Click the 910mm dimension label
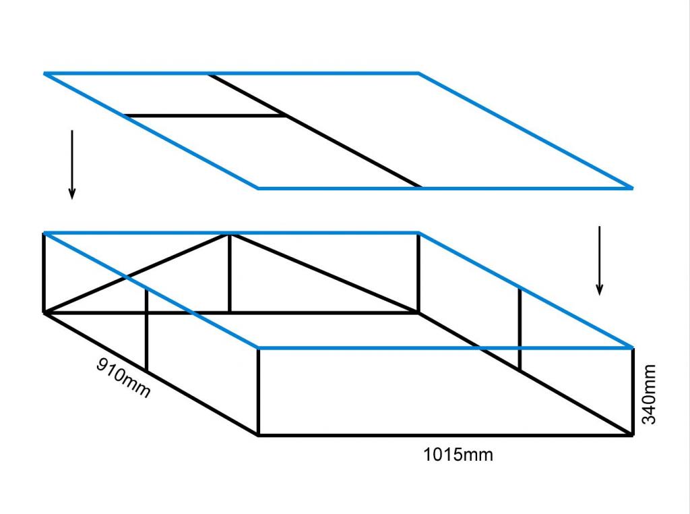click(x=123, y=378)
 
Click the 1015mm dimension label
click(x=458, y=455)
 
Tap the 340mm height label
click(x=648, y=395)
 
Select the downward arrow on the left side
click(x=72, y=165)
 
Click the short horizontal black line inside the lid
click(x=206, y=116)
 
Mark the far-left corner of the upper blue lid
click(x=45, y=73)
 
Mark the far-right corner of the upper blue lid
click(x=632, y=188)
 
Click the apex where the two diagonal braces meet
click(x=230, y=235)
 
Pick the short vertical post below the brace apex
click(x=230, y=273)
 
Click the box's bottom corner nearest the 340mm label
click(x=632, y=435)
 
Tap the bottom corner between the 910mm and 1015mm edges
click(x=259, y=435)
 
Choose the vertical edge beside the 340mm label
click(x=633, y=391)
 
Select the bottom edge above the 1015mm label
click(x=445, y=435)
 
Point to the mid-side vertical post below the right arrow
click(x=520, y=329)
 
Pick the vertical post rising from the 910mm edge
click(x=147, y=331)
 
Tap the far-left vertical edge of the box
click(x=44, y=273)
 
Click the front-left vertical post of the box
click(x=259, y=391)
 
